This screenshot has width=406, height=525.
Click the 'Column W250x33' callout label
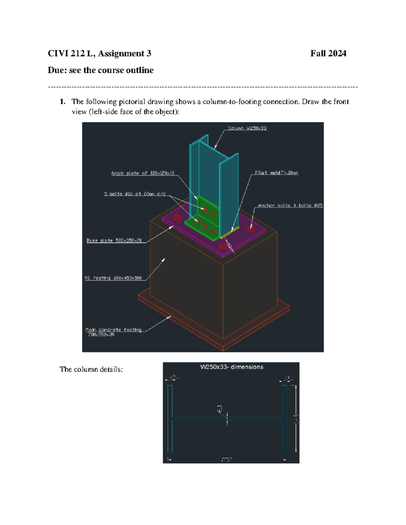point(247,128)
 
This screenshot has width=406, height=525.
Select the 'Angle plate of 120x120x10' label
point(142,173)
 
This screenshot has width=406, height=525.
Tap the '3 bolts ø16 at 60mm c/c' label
point(135,194)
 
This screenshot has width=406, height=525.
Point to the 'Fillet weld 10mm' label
point(276,173)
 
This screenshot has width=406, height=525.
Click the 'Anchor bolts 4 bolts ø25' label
point(290,205)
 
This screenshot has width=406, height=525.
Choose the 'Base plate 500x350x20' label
point(114,241)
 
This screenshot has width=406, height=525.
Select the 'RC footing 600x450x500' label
point(113,278)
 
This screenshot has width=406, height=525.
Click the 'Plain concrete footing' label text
point(113,330)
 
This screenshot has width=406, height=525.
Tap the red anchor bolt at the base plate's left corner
point(177,218)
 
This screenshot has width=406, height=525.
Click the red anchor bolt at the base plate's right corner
point(250,229)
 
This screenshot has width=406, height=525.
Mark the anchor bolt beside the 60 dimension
point(223,246)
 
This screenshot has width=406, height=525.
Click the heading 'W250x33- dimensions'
point(231,367)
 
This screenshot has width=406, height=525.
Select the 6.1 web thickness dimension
point(220,409)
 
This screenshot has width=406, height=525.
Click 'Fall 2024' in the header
point(328,53)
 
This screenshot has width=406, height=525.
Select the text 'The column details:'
point(91,369)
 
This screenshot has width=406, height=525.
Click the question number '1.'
point(62,102)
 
